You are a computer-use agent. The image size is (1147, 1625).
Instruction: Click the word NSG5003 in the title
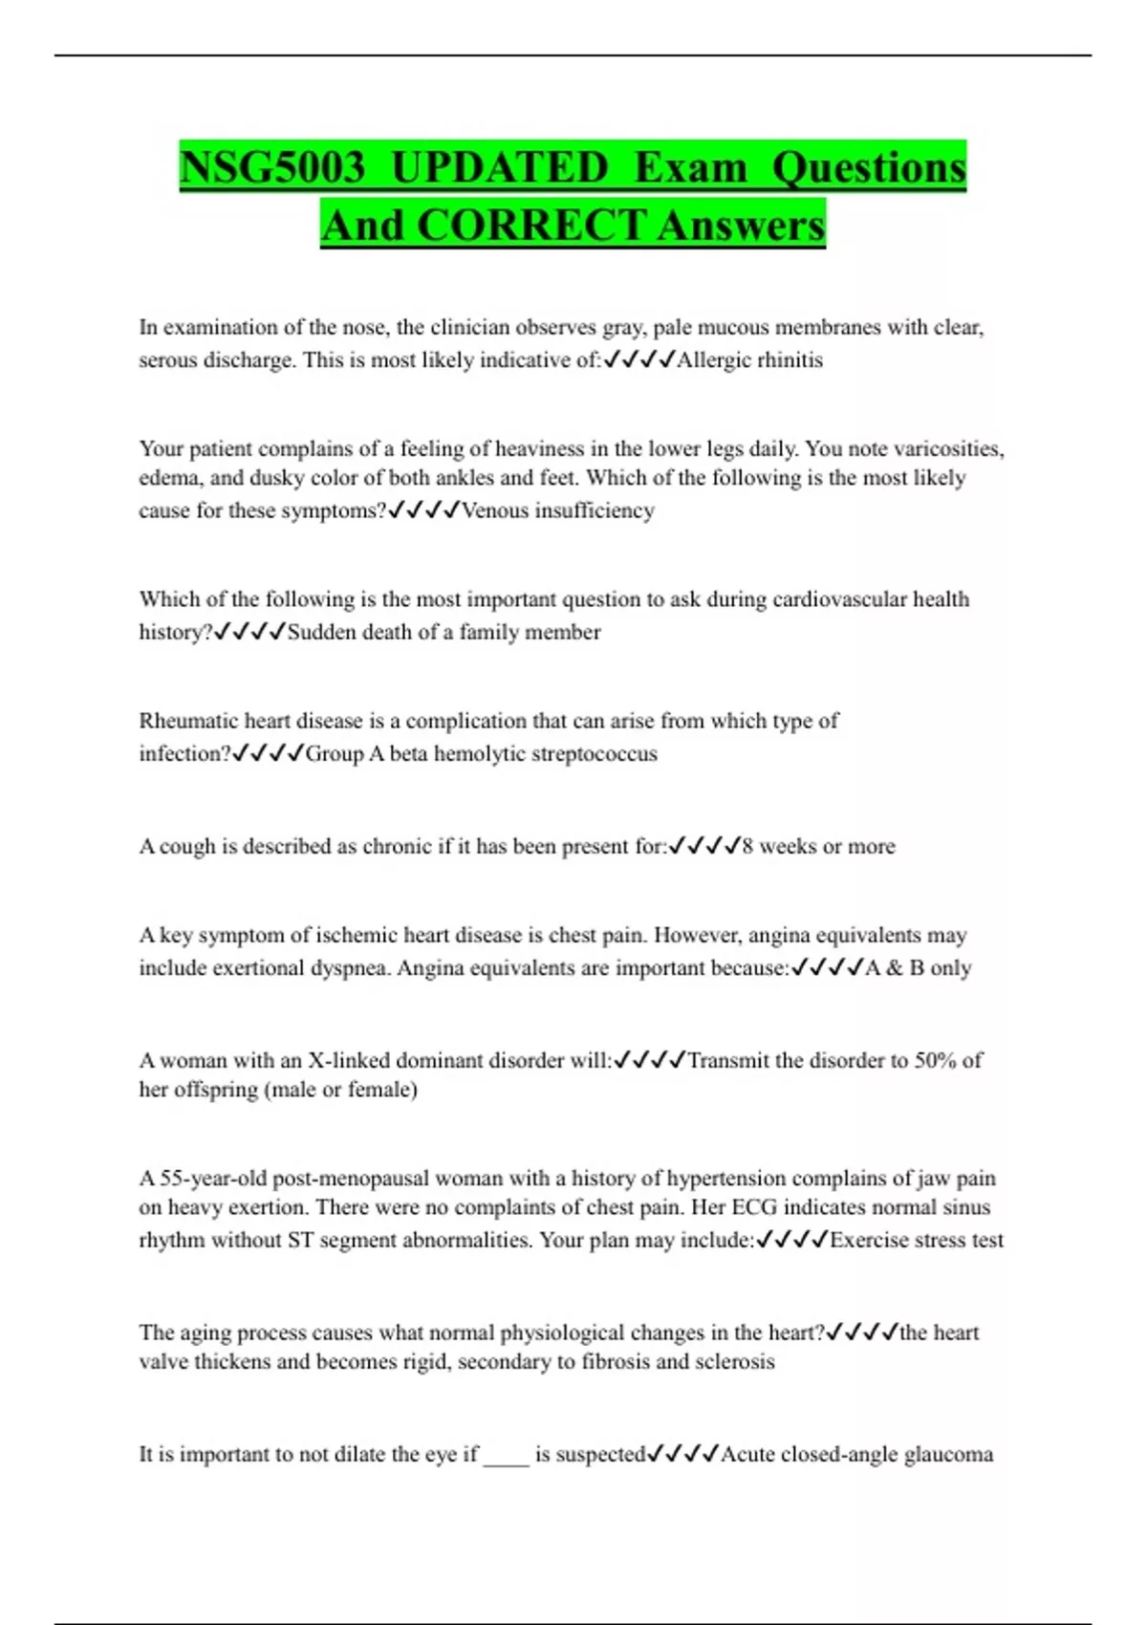272,168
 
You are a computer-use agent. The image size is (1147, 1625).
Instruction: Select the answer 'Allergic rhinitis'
749,360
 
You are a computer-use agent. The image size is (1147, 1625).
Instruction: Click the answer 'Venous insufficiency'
558,510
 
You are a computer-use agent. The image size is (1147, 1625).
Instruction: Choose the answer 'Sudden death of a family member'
444,632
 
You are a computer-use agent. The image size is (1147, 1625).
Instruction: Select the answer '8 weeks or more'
818,846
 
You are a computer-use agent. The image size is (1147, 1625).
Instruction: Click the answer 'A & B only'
918,967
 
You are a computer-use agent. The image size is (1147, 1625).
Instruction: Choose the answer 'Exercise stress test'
917,1240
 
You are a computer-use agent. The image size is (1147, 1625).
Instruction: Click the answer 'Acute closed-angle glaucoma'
856,1454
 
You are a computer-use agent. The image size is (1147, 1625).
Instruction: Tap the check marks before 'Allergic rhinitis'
639,360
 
